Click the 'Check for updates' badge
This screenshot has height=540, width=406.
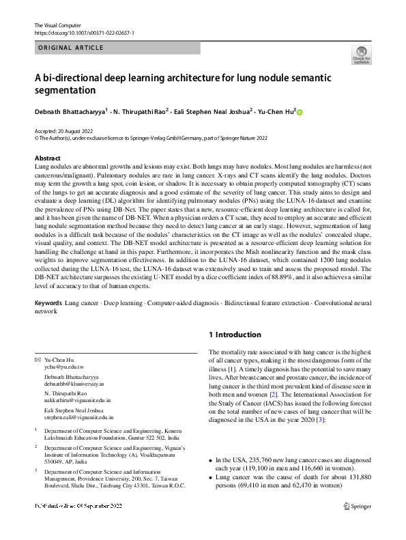click(362, 54)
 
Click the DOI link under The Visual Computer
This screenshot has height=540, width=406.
click(84, 32)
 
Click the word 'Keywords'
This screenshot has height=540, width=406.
click(48, 302)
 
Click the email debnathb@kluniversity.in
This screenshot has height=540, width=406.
click(77, 387)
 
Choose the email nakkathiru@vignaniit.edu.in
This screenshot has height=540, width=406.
click(78, 401)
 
